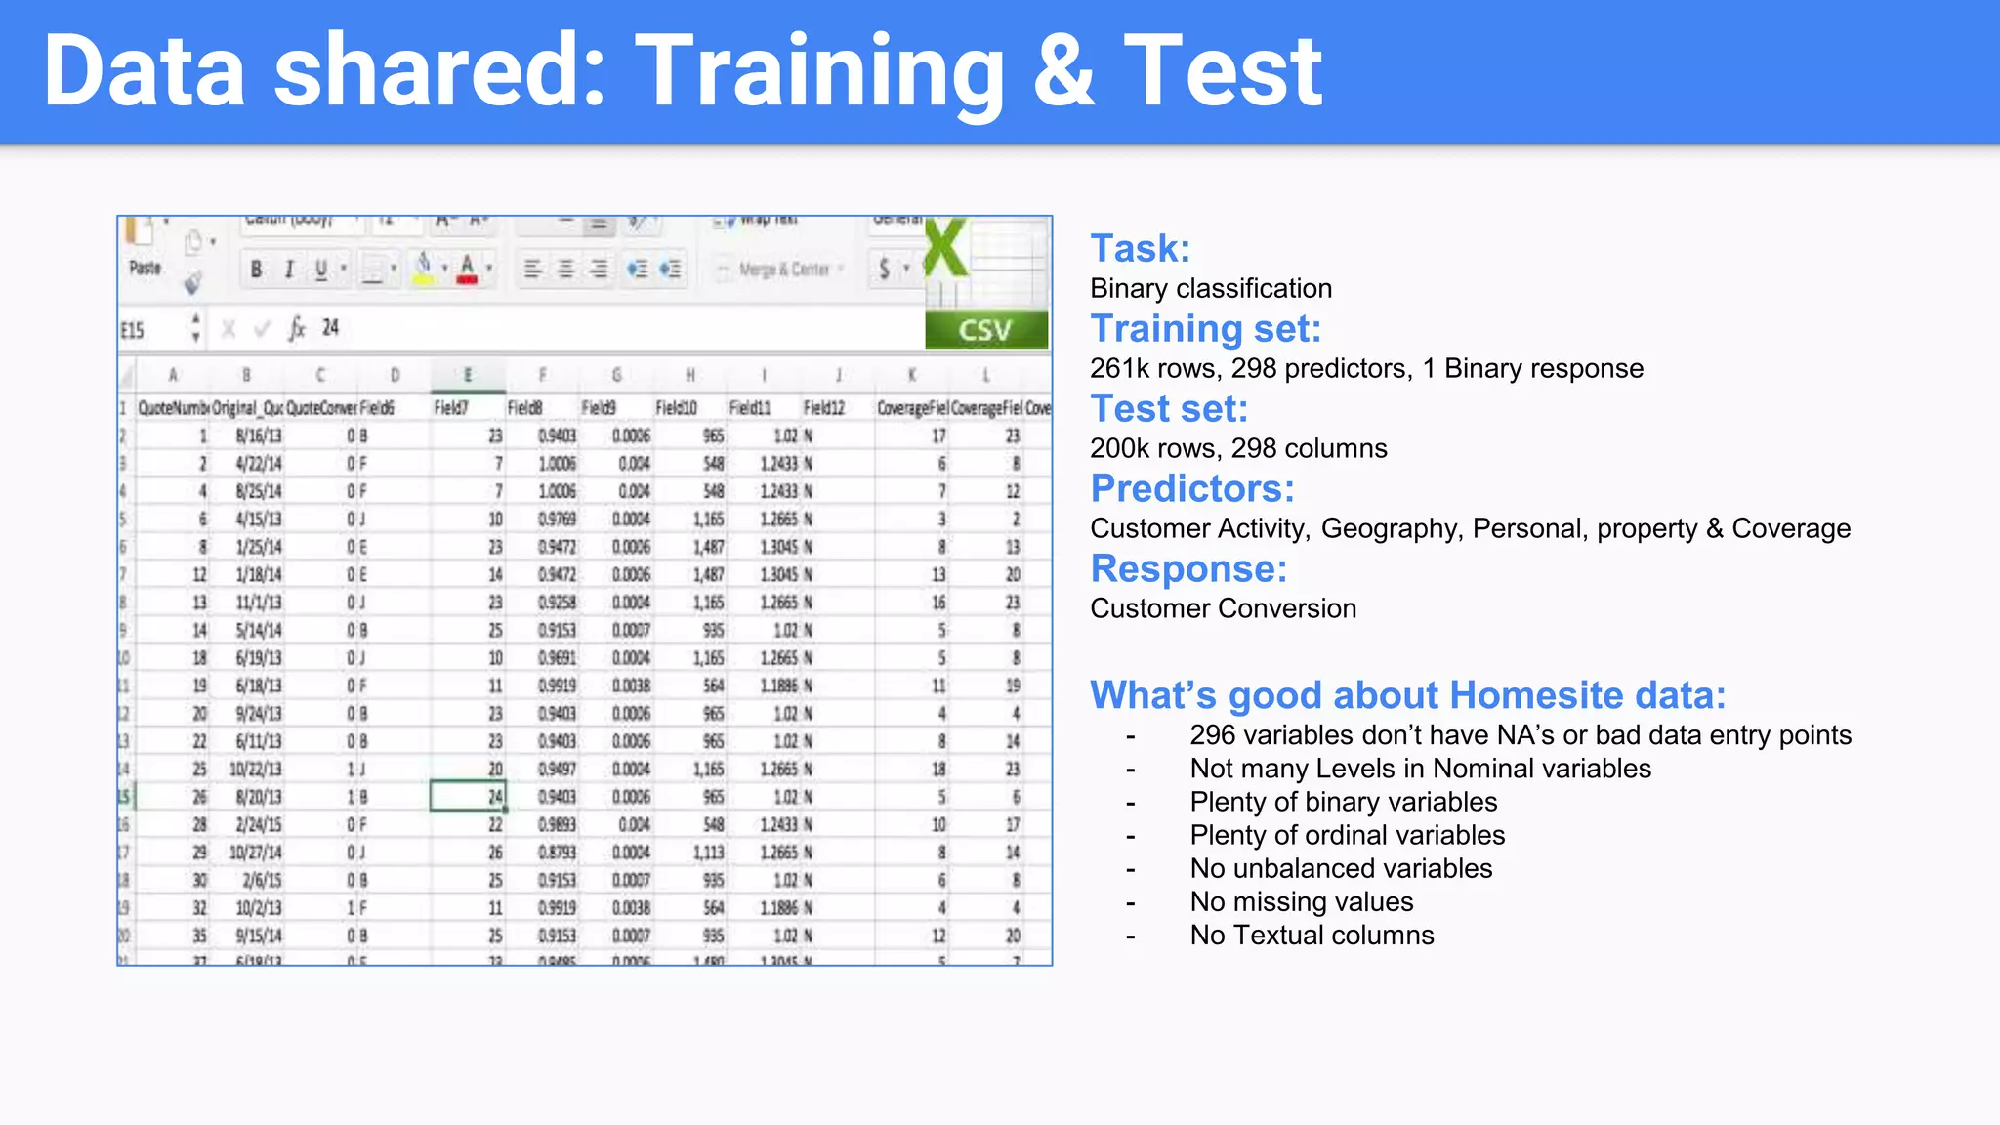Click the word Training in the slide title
coord(825,71)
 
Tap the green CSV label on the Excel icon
coord(985,330)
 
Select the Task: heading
coord(1140,248)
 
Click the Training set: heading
coord(1205,328)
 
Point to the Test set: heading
coord(1168,408)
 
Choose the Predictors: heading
coord(1191,488)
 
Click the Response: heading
coord(1187,568)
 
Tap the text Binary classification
coord(1210,288)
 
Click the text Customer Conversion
coord(1223,608)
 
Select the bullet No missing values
coord(1301,901)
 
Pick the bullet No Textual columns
coord(1312,935)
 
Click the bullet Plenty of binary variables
coord(1343,802)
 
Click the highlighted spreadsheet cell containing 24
coord(468,797)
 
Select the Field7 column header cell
coord(451,408)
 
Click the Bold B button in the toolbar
coord(256,270)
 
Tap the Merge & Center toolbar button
coord(782,270)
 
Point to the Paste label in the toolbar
coord(145,268)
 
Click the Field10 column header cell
coord(676,408)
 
